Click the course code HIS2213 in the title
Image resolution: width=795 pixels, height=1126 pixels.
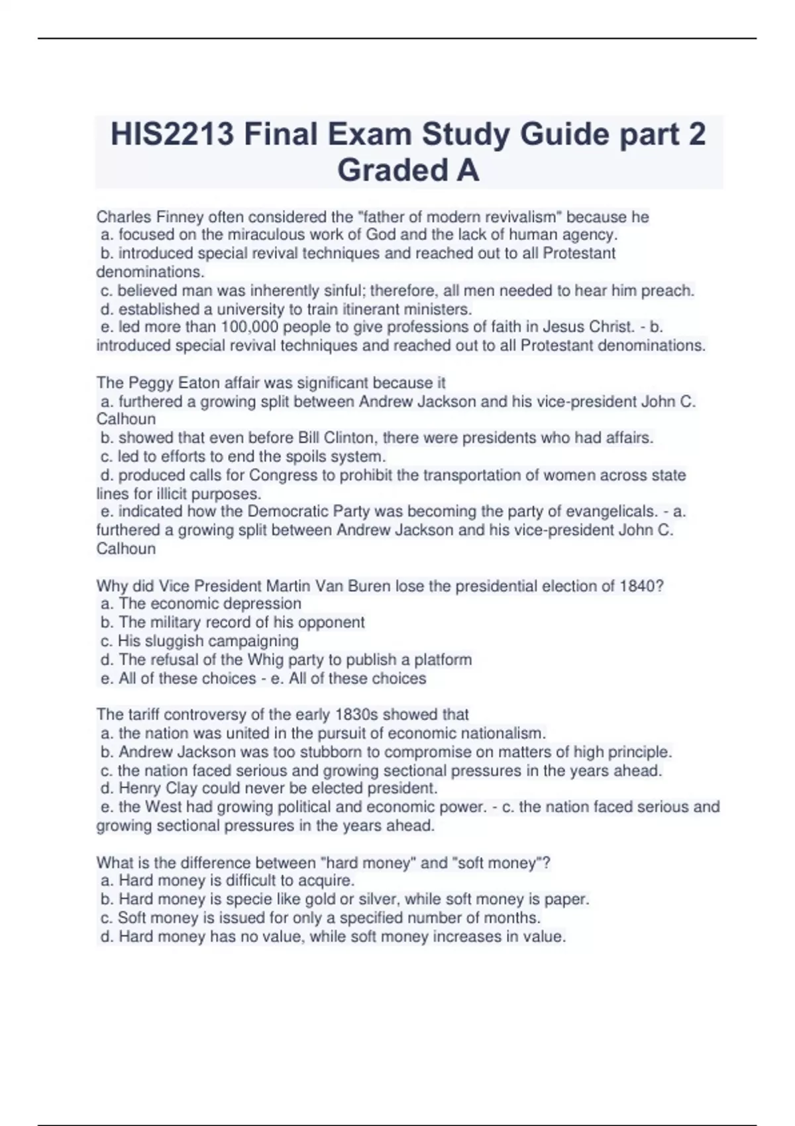[172, 134]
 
